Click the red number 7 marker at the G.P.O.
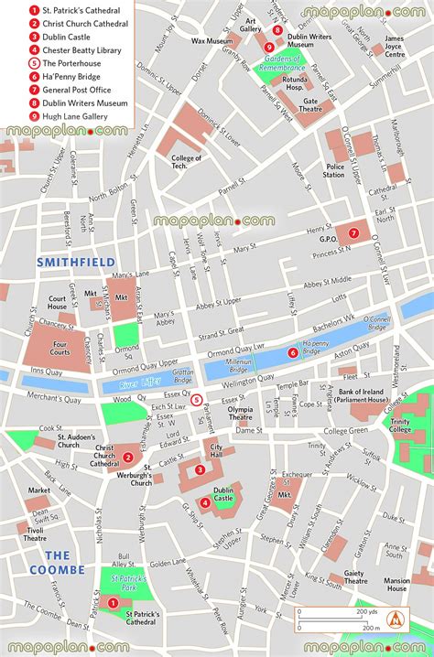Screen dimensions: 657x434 (353, 232)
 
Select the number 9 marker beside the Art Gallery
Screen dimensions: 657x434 (268, 48)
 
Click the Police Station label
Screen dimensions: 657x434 (334, 169)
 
